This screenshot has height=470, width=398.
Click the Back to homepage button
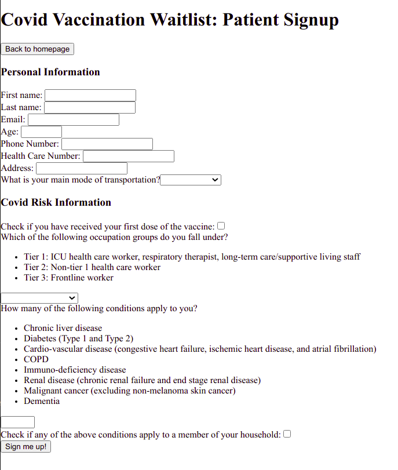[x=37, y=49]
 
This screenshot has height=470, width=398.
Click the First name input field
[x=90, y=95]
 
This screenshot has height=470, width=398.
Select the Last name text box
[x=90, y=107]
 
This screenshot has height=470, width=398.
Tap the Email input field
[x=74, y=119]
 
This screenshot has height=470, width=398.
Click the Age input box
[x=41, y=132]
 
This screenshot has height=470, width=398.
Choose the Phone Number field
[x=107, y=144]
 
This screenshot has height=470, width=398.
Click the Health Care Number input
[x=129, y=156]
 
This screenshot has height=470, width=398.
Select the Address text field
[x=82, y=168]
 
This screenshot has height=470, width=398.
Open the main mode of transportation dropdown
[x=191, y=180]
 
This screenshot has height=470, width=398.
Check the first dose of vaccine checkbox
[x=221, y=226]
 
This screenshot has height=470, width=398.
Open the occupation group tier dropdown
[x=39, y=298]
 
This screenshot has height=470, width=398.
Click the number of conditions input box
[x=17, y=422]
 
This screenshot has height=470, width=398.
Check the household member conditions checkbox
[x=287, y=433]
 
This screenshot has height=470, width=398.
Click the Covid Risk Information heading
[x=56, y=202]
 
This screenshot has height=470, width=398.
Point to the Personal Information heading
[x=50, y=72]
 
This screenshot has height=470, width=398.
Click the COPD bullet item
[x=36, y=359]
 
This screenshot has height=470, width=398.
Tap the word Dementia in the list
[x=42, y=401]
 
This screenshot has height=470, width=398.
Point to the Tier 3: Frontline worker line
[x=68, y=278]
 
